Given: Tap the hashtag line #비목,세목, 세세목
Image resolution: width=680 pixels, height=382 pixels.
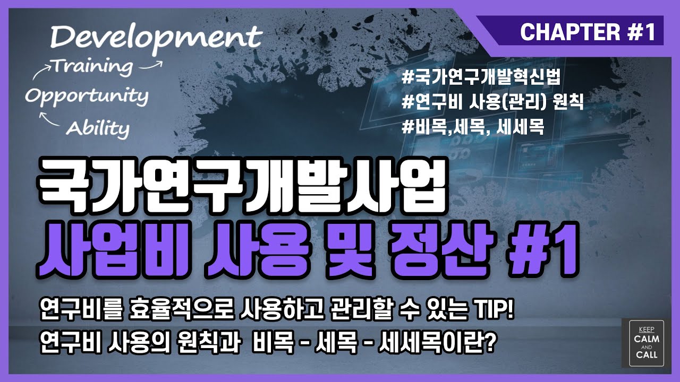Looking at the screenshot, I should tap(473, 128).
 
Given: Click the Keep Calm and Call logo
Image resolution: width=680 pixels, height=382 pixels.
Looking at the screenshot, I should tap(645, 343).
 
